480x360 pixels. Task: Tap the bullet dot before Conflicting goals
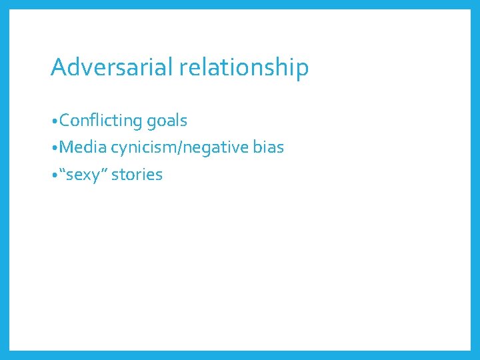coord(54,121)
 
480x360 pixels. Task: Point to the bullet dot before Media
coord(54,148)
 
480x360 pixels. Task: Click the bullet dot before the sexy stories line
coord(54,175)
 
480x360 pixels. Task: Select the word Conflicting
coord(101,121)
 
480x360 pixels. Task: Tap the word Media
coord(83,147)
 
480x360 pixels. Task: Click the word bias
coord(269,147)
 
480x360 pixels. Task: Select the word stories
coord(137,175)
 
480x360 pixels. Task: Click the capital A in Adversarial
coord(58,67)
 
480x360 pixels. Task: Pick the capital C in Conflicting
coord(65,121)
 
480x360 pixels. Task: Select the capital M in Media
coord(67,147)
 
